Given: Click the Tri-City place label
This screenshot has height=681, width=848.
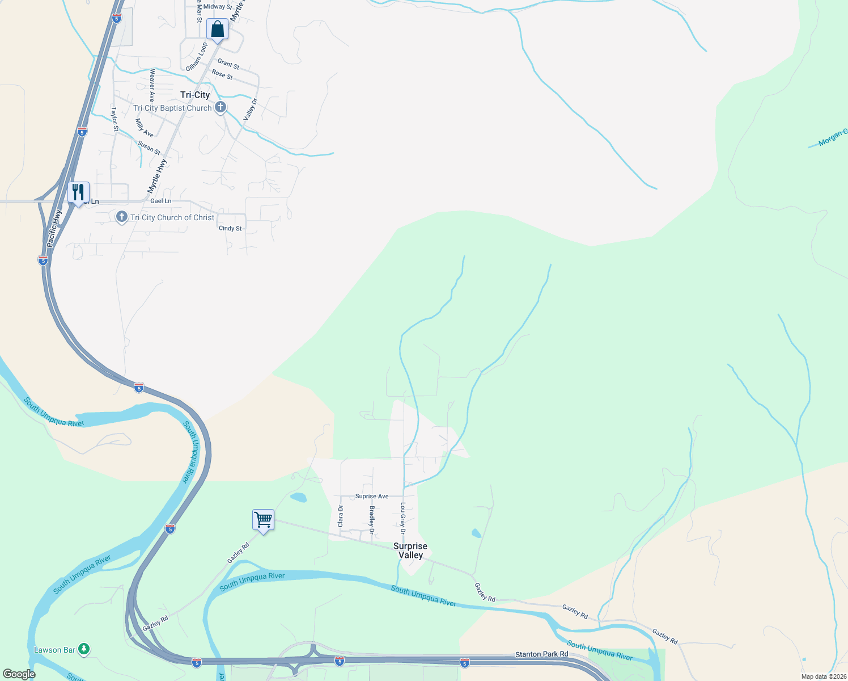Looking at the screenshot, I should click(195, 95).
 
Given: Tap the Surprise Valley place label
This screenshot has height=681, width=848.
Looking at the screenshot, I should click(410, 550).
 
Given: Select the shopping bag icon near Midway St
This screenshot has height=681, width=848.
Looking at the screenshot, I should click(217, 29).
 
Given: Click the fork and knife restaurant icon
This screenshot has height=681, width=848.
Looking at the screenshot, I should click(78, 192).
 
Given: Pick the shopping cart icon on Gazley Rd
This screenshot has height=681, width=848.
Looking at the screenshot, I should click(263, 519).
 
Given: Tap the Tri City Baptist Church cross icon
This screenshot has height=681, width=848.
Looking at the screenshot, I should click(221, 107).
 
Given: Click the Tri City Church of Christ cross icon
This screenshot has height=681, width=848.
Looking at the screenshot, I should click(121, 217).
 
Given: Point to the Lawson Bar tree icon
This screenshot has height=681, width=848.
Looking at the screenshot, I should click(84, 648).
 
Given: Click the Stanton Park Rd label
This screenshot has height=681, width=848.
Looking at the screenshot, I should click(541, 654).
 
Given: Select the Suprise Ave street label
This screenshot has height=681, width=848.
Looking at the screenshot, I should click(372, 496).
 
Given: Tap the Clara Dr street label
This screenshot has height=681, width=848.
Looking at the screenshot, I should click(341, 516).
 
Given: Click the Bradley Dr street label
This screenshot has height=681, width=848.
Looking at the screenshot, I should click(372, 520).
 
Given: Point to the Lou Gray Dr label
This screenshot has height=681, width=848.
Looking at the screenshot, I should click(402, 518).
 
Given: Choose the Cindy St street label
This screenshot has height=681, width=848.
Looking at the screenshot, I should click(230, 228).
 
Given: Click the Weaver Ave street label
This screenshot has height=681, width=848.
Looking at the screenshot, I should click(152, 86).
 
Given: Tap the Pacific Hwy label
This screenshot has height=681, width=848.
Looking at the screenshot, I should click(54, 228).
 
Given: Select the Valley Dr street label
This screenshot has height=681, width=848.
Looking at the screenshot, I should click(251, 110).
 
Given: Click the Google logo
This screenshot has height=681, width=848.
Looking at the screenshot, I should click(19, 674).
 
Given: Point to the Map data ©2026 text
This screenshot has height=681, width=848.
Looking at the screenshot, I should click(823, 676).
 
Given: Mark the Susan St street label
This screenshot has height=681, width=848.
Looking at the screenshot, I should click(149, 148).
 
